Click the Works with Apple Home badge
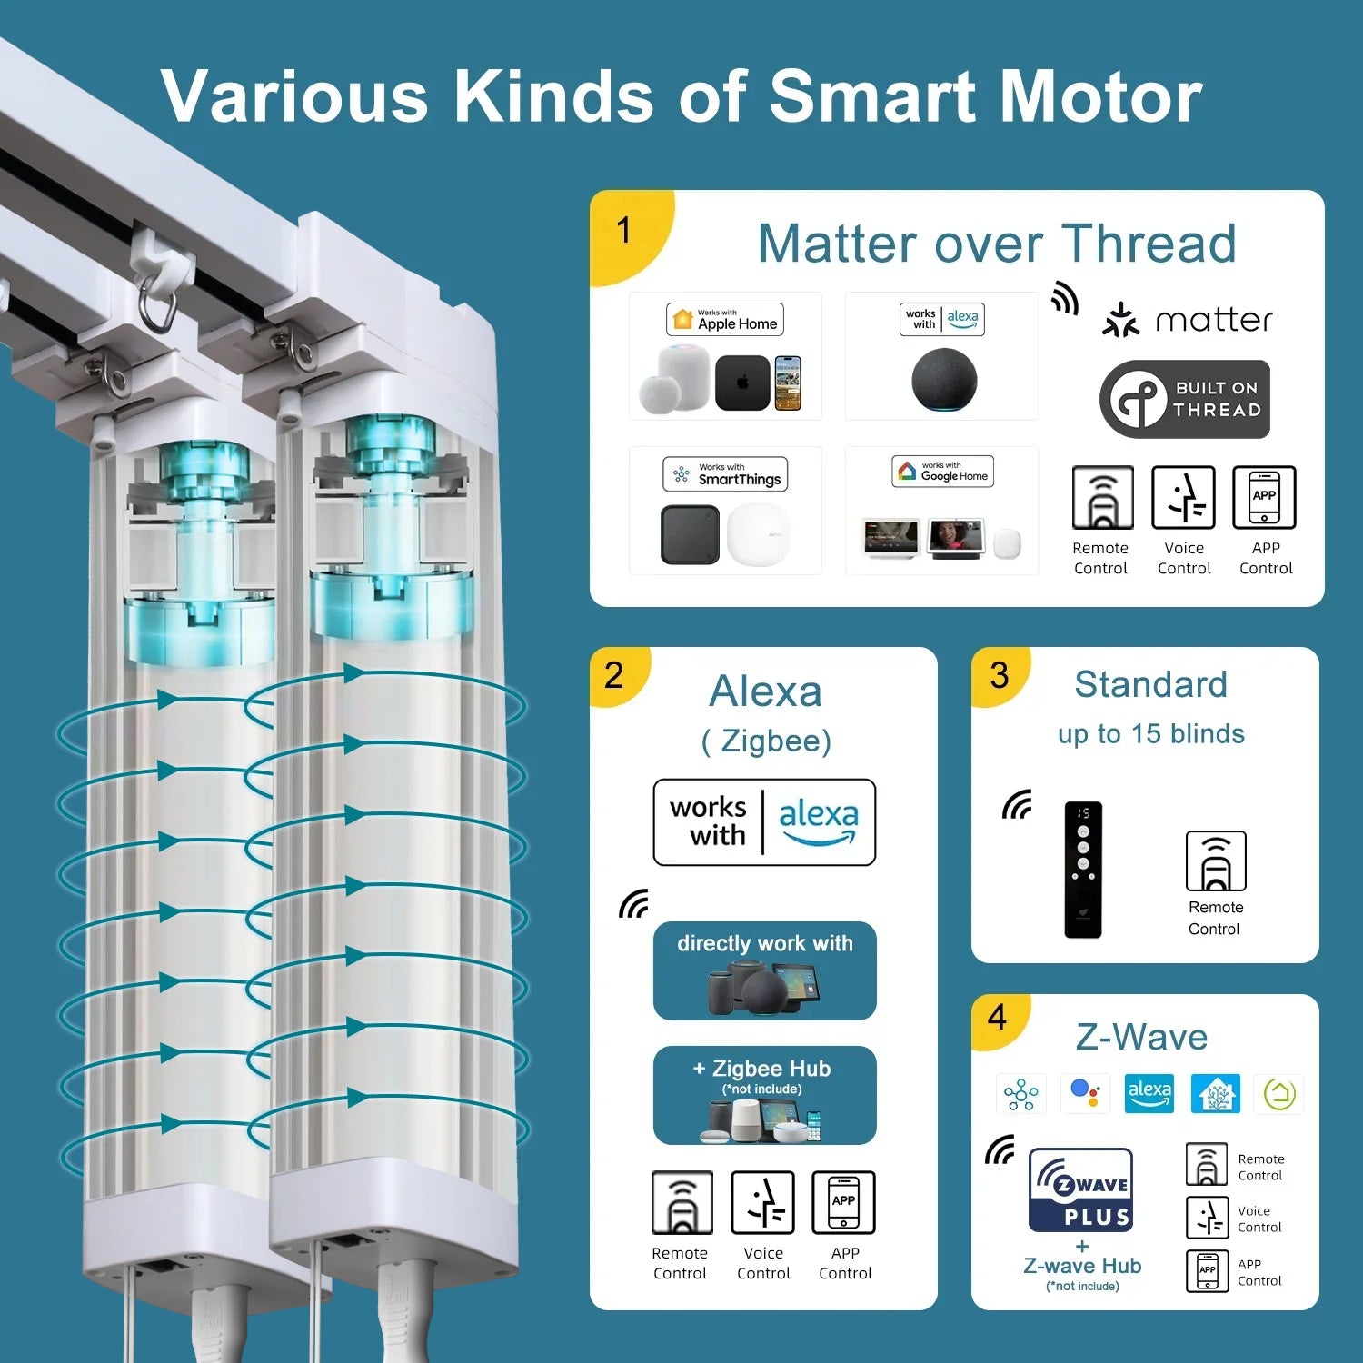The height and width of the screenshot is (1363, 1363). coord(724,320)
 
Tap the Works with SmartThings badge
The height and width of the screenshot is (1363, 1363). coord(725,474)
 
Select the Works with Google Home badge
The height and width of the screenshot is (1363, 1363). coord(942,472)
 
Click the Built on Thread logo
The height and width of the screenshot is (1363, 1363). coord(1184,400)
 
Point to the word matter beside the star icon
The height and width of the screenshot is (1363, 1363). coord(1213,321)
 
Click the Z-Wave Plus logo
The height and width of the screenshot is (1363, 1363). coord(1080,1189)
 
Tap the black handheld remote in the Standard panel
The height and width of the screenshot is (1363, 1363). coord(1082,869)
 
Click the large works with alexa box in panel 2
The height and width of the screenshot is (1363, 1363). coord(764,822)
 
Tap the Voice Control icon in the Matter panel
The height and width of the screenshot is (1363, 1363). coord(1183,498)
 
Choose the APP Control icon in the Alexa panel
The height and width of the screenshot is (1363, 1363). coord(843,1202)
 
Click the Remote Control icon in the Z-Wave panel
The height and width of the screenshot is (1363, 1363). coord(1206,1165)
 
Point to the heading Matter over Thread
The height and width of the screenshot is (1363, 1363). coord(997,244)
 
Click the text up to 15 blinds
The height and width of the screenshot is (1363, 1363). coord(1150,734)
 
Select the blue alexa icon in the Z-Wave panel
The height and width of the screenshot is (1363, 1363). coord(1149,1093)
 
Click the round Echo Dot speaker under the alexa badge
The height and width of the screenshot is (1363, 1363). coord(944,381)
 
